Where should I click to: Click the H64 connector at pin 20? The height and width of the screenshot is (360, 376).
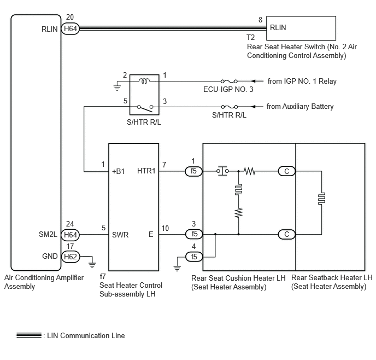point(70,29)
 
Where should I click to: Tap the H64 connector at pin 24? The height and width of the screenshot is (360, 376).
point(70,235)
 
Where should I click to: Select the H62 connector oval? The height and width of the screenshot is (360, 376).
point(70,257)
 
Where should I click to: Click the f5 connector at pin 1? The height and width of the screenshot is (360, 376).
point(194,171)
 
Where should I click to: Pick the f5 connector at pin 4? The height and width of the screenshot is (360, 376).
point(194,257)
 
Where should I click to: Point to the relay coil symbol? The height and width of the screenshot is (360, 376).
point(144,81)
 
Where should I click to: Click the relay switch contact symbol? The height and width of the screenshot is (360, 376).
point(145,108)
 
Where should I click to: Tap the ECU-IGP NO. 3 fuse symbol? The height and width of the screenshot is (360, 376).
point(229,82)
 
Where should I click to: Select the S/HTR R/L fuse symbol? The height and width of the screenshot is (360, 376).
point(230,107)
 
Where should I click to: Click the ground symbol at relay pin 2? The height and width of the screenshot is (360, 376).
point(117,88)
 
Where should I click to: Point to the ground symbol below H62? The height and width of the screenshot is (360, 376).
point(92,265)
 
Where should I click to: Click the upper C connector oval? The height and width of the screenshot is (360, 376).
point(286,171)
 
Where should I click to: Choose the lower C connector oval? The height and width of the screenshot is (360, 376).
point(286,234)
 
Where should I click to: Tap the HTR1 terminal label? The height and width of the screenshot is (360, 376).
point(146,171)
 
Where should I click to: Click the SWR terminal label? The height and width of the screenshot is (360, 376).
point(120,235)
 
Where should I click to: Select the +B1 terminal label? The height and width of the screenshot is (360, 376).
point(118,171)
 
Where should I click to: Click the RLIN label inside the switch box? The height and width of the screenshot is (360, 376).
point(278,27)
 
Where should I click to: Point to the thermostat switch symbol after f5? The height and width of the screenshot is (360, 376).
point(222,171)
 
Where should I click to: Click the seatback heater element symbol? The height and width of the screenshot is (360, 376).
point(321,199)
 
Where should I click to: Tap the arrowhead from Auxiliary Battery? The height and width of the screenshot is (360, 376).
point(254,107)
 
